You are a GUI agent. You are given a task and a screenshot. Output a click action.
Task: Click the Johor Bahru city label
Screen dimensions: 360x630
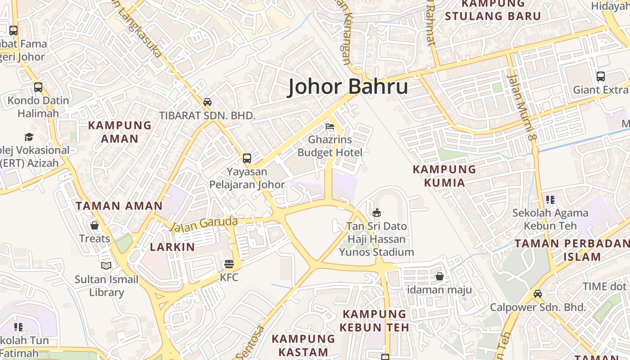pos(348,86)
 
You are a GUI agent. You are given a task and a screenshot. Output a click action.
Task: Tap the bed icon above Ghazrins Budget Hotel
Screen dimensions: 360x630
pos(330,126)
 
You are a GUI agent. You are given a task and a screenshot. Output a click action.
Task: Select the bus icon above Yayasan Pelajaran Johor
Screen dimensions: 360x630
pos(247,158)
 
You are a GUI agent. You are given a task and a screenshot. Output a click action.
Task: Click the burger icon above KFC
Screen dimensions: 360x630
pos(229,264)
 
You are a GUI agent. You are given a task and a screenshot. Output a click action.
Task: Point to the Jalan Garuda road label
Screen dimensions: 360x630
pos(204,224)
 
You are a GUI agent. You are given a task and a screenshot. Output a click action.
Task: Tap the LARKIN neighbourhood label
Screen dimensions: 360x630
pos(172,247)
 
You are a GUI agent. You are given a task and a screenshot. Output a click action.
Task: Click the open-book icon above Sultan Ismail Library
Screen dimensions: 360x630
pos(106,266)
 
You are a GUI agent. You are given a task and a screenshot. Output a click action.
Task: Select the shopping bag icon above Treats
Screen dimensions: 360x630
pos(94,225)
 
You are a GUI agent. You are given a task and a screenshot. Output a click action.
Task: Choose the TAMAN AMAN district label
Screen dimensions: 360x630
pos(119,206)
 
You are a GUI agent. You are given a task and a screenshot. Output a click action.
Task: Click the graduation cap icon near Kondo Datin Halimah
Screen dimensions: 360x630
pos(29,137)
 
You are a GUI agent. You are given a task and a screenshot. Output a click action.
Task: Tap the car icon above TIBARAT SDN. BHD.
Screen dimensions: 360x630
pos(207,102)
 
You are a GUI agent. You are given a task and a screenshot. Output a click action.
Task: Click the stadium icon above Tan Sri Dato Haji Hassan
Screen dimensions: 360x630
pos(377,212)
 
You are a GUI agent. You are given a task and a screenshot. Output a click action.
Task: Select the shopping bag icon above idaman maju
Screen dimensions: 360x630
pos(440,276)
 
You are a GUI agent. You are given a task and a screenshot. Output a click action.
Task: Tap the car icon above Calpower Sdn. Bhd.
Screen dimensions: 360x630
pos(537,294)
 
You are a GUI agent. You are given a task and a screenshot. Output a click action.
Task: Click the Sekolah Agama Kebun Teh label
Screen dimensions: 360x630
pos(550,219)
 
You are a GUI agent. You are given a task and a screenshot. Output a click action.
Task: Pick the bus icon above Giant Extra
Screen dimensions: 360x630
pos(600,76)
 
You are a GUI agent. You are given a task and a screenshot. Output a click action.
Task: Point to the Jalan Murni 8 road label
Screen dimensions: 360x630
pos(521,107)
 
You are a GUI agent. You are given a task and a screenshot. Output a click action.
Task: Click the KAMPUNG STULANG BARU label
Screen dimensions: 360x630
pos(493,10)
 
